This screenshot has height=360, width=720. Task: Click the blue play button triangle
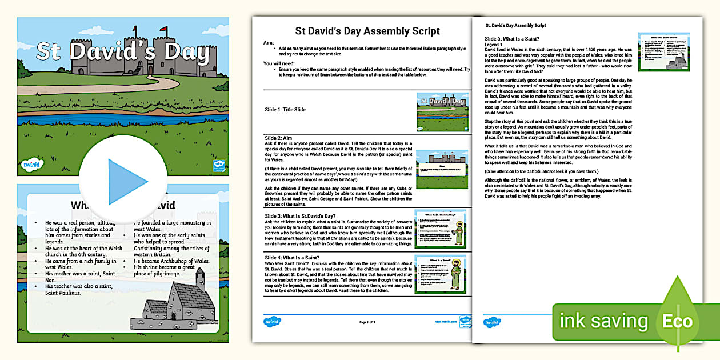[126, 182]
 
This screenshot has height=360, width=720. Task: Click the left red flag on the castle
[135, 29]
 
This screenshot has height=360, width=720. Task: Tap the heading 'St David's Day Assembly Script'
[367, 31]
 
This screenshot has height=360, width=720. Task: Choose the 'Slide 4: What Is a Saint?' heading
[297, 257]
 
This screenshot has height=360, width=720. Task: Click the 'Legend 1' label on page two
[493, 44]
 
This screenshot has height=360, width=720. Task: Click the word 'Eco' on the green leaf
[678, 321]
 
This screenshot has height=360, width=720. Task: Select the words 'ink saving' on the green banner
[604, 322]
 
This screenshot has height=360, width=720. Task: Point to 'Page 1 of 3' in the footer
[367, 322]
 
